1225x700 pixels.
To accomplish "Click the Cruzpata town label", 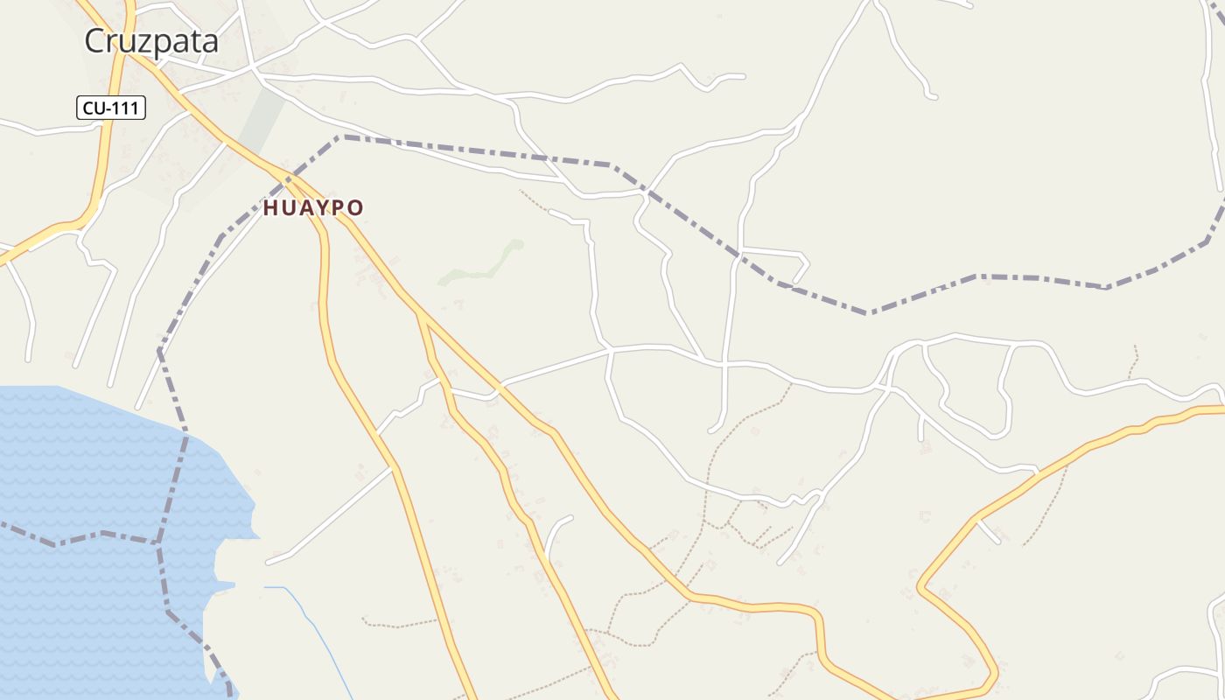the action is click(150, 41).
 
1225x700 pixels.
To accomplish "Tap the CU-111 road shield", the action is click(111, 108).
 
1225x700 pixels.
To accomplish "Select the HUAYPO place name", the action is click(313, 208).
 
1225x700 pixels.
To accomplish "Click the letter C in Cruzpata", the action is click(95, 41).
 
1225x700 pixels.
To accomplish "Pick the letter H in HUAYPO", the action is click(270, 208).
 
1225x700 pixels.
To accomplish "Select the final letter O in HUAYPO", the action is click(355, 208).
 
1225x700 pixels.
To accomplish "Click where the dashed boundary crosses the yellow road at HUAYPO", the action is click(287, 178).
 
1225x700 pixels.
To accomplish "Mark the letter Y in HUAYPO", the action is click(321, 208).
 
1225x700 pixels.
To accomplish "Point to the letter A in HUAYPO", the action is click(304, 208).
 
